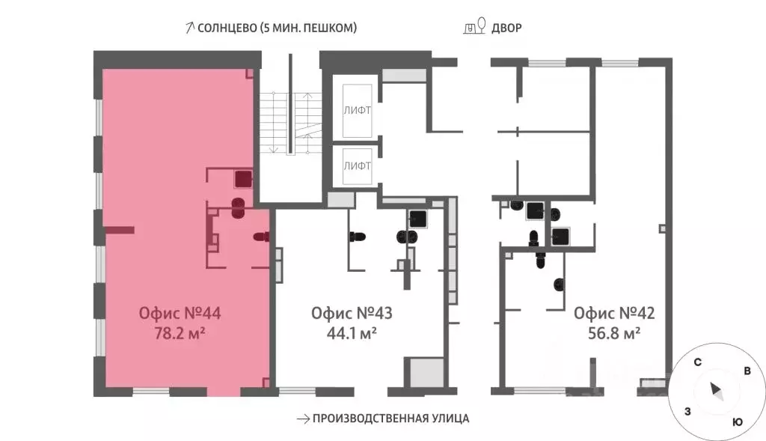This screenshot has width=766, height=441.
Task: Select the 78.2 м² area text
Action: tap(180, 333)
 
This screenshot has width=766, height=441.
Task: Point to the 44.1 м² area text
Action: tap(352, 333)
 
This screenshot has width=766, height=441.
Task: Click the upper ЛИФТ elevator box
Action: tap(358, 110)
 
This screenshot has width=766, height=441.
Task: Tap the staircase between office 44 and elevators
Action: tap(290, 124)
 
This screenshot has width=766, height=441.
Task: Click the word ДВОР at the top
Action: tap(507, 28)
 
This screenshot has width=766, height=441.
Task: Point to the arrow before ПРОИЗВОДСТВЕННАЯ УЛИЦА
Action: tap(302, 419)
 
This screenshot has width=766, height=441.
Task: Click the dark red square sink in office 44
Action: tap(242, 178)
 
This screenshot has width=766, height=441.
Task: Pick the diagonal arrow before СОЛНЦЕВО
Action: tap(189, 28)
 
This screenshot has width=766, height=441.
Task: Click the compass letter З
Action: tap(687, 412)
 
